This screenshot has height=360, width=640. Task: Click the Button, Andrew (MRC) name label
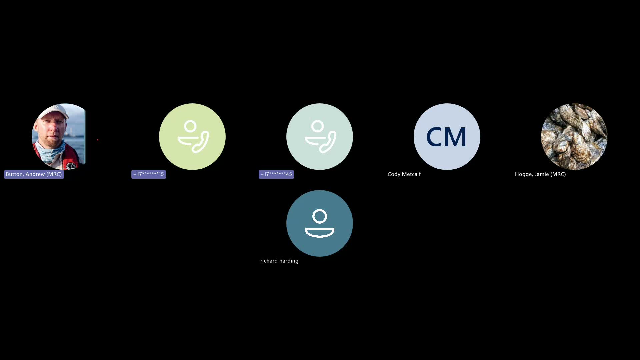coord(34,174)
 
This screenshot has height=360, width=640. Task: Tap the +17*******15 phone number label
coord(148,174)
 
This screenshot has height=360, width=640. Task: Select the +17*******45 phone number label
coord(276,174)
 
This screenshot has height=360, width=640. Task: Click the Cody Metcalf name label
coord(404,174)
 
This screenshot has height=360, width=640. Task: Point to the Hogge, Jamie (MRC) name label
coord(540,174)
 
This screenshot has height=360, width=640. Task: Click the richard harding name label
coord(279,261)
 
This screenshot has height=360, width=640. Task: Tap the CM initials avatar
coord(447,137)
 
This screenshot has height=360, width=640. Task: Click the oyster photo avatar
coord(574,137)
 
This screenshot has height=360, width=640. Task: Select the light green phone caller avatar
coord(192,137)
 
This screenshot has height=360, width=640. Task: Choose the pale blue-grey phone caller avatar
coord(320,137)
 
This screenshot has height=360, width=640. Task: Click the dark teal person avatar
coord(320,223)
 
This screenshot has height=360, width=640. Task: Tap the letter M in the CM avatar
coord(456,137)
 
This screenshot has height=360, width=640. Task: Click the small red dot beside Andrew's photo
coord(98,140)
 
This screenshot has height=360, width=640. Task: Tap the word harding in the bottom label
coord(289,261)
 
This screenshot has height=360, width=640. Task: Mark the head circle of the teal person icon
coord(320,217)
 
